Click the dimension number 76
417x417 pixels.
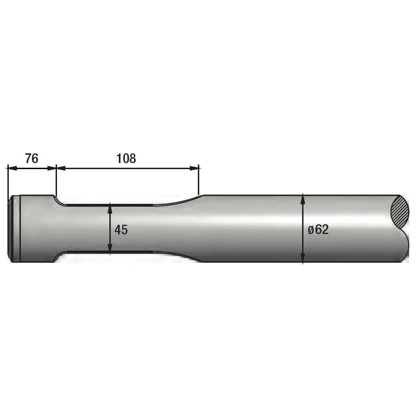point(32,158)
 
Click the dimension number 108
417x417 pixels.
point(126,158)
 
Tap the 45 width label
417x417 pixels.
point(121,230)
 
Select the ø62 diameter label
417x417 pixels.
point(318,230)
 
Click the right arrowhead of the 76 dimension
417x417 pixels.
point(51,168)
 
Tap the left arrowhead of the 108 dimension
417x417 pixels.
point(61,168)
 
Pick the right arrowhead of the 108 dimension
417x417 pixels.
point(194,168)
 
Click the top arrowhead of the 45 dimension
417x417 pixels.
point(110,209)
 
